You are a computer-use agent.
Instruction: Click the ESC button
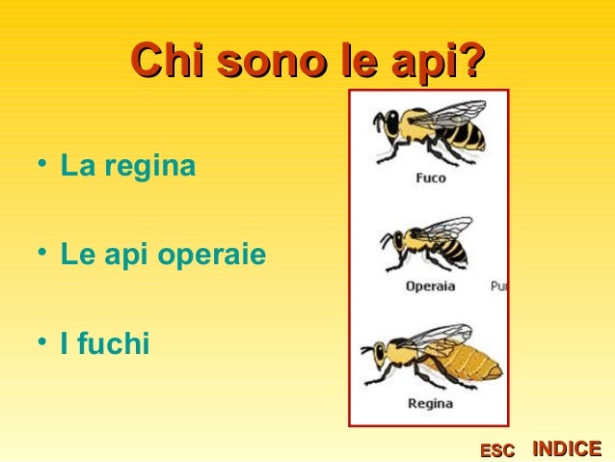click(497, 450)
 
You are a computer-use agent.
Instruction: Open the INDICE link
click(567, 448)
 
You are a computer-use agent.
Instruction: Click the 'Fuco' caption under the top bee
click(430, 178)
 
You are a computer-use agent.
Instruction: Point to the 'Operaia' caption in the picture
click(430, 286)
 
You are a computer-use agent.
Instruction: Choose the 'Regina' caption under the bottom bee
click(430, 404)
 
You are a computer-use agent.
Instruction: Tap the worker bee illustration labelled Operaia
click(426, 245)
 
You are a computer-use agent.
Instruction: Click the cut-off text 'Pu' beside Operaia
click(498, 286)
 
